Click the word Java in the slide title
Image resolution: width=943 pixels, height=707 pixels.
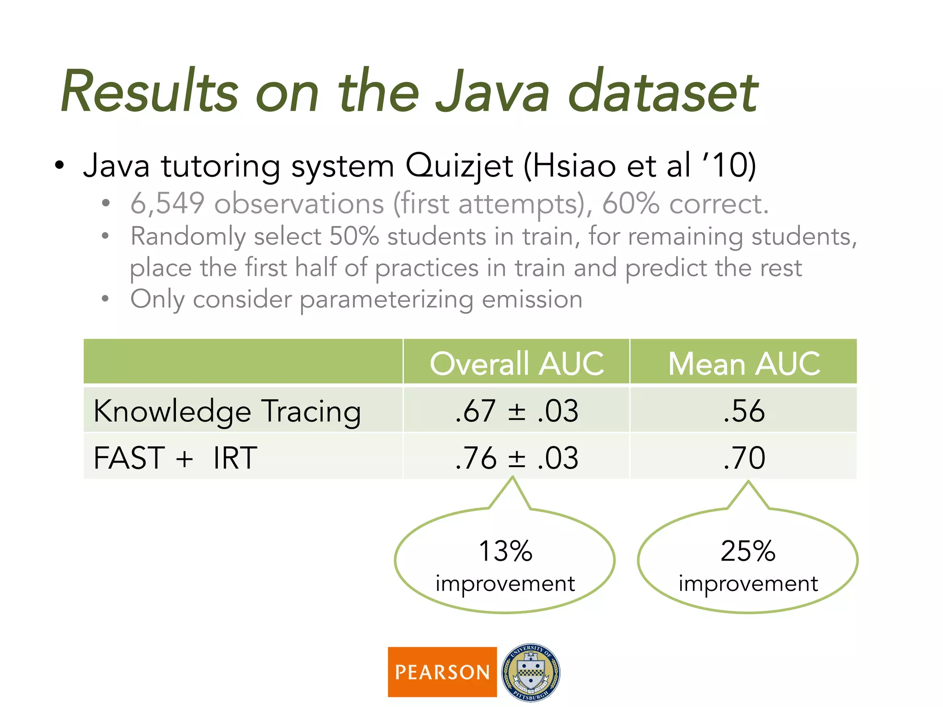[493, 92]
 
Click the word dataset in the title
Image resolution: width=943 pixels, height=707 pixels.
[663, 92]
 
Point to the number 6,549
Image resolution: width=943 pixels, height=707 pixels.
[167, 203]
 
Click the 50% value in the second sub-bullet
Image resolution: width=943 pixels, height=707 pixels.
[354, 237]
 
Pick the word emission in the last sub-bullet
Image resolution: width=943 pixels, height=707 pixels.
[532, 300]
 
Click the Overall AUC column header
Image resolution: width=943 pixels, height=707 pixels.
[517, 363]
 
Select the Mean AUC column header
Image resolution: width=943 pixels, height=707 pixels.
[744, 363]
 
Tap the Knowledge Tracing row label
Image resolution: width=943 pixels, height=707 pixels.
[227, 411]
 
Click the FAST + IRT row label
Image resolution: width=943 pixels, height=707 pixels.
[175, 458]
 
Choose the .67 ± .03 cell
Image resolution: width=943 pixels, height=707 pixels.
[517, 411]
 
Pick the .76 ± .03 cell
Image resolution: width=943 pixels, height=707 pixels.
[517, 458]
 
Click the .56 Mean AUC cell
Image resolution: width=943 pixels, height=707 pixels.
[744, 411]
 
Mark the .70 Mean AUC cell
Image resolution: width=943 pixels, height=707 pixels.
[744, 458]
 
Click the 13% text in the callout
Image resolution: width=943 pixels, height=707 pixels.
[505, 551]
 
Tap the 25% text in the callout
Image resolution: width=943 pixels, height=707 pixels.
[748, 551]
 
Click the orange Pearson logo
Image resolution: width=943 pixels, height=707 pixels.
[442, 672]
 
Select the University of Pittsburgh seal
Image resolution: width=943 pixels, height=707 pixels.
[530, 672]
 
